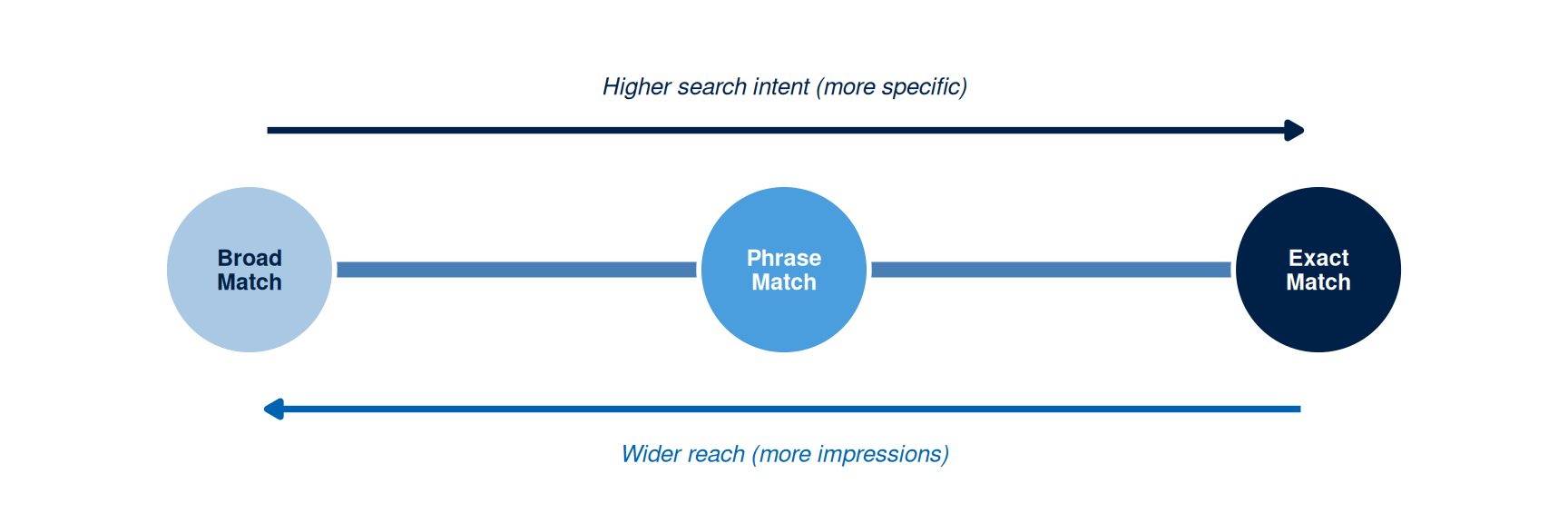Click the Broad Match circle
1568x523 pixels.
[x=250, y=270]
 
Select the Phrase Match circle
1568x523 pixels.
[x=784, y=270]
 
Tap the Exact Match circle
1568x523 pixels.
[x=1318, y=270]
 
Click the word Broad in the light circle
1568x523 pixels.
[x=250, y=258]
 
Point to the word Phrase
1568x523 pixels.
[x=784, y=258]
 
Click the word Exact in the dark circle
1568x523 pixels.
[x=1318, y=258]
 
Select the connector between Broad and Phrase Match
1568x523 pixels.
[x=516, y=270]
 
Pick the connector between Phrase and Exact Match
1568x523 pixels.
[x=1051, y=270]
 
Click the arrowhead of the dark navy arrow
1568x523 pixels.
[x=1295, y=131]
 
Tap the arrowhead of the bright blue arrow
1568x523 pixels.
[x=273, y=410]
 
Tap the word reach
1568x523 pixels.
[x=716, y=454]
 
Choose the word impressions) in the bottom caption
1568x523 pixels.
[x=883, y=455]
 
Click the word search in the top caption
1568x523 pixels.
[x=712, y=87]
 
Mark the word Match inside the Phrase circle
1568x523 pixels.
[x=784, y=282]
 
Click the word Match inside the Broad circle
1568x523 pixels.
[x=250, y=282]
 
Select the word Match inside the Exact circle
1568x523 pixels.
[x=1318, y=282]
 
